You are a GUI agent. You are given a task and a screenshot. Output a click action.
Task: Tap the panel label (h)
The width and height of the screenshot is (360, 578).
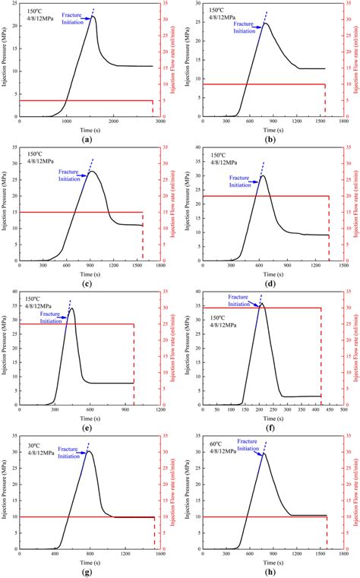(x=270, y=570)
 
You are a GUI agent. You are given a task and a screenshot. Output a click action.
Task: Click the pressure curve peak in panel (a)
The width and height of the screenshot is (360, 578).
(x=92, y=17)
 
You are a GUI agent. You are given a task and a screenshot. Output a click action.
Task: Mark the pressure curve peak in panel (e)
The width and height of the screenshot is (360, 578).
(x=71, y=308)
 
